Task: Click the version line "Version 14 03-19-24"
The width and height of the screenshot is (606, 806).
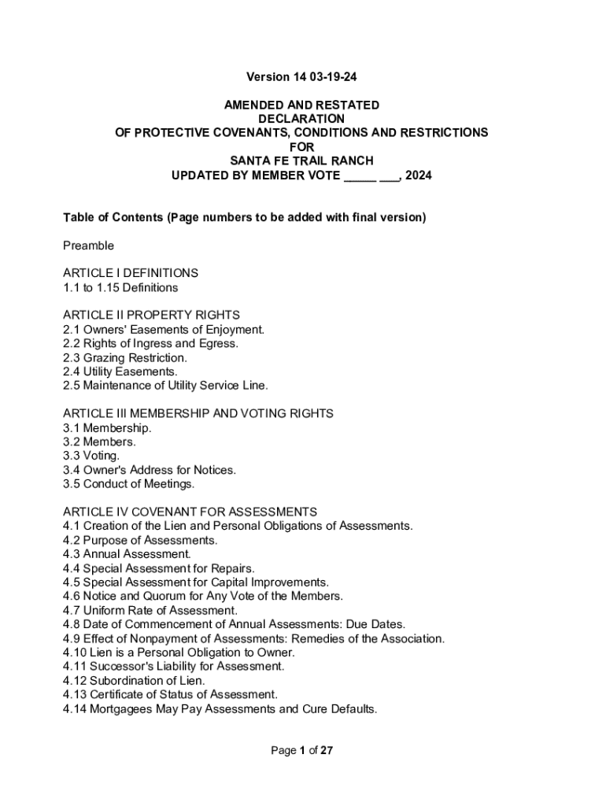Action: click(301, 77)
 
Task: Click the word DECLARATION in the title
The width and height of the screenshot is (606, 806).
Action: click(301, 119)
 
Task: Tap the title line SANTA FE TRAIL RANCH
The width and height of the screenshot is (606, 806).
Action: click(301, 161)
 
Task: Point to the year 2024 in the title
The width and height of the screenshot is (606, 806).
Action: click(418, 176)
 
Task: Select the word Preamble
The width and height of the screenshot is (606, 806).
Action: click(88, 246)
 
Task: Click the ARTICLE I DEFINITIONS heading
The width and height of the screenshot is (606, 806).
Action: click(131, 273)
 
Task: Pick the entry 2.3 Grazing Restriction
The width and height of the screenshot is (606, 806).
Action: click(125, 357)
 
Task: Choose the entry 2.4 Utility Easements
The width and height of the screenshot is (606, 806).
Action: click(120, 372)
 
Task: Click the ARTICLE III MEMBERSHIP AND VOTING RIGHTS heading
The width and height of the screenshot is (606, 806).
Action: click(198, 413)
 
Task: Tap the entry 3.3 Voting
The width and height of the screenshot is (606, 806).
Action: click(91, 456)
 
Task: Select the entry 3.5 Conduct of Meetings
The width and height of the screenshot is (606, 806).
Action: click(128, 484)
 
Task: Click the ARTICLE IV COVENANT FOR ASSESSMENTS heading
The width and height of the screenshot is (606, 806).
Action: click(190, 512)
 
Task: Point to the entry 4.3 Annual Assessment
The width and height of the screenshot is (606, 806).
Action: click(127, 554)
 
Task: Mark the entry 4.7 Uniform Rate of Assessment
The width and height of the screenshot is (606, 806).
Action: click(150, 610)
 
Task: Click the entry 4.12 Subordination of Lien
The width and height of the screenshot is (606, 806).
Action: click(134, 681)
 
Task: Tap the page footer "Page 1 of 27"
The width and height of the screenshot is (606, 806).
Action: click(302, 751)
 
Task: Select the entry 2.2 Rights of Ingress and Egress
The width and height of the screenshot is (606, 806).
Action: click(150, 343)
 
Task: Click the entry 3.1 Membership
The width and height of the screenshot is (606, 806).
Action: click(107, 427)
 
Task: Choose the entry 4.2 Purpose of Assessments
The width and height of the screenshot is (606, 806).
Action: click(140, 540)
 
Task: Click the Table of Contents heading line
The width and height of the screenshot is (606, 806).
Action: click(244, 217)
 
